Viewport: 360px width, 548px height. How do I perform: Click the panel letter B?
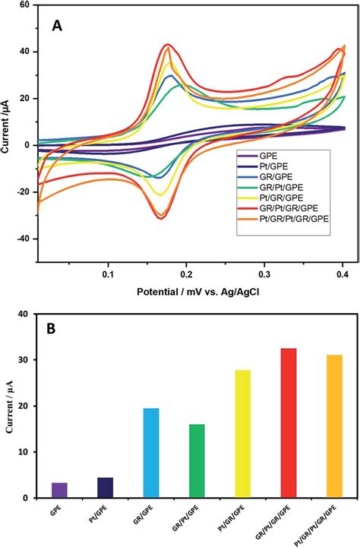click(56, 331)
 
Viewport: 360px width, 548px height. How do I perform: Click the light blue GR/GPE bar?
click(151, 453)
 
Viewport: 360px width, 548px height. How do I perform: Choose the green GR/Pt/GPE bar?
click(197, 461)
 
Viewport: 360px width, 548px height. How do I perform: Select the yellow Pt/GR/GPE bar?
click(243, 433)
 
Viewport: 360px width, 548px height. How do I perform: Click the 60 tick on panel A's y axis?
click(24, 5)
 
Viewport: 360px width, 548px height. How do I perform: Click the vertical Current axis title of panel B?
click(9, 407)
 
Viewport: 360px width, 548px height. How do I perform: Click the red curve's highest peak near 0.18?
click(167, 44)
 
